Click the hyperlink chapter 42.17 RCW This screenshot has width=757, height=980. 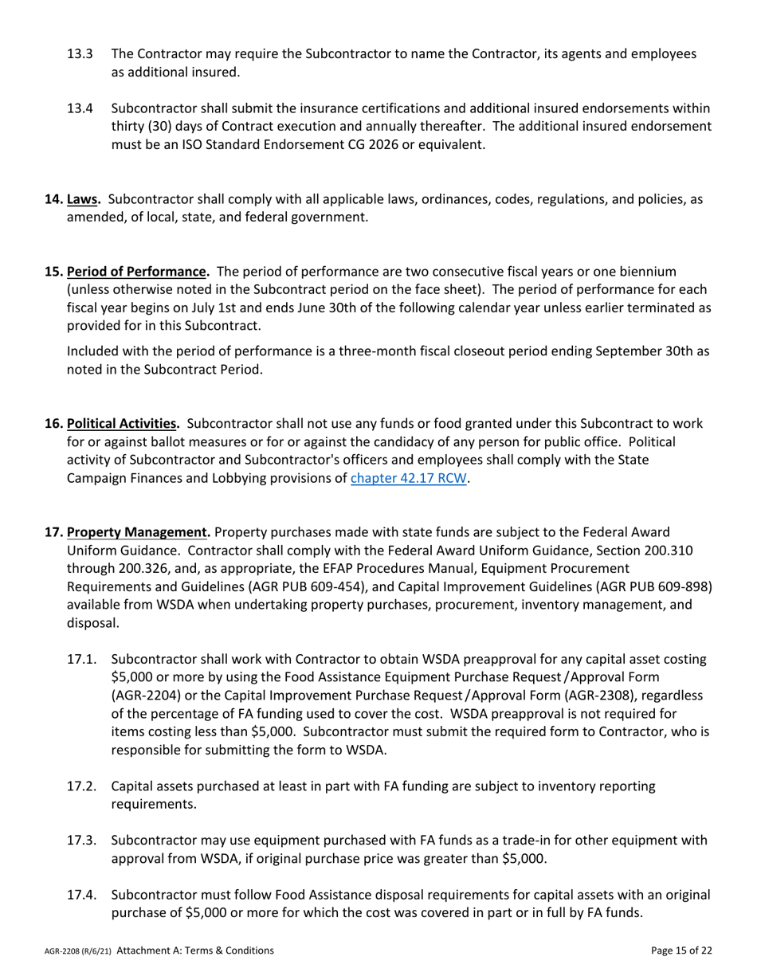[x=408, y=480]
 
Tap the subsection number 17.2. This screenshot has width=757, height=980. [x=81, y=786]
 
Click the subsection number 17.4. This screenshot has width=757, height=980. [x=81, y=895]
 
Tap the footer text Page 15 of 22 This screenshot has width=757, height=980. [x=681, y=951]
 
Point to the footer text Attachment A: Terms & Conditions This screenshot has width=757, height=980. [x=195, y=951]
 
